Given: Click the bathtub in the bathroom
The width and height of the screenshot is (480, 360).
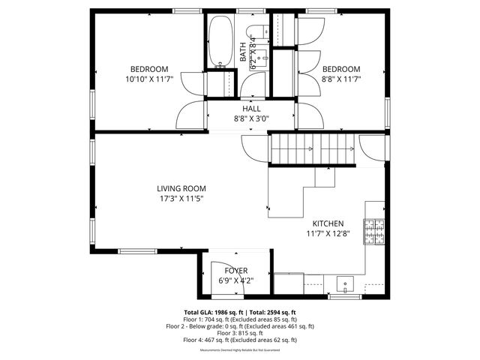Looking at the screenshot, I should tap(220, 41).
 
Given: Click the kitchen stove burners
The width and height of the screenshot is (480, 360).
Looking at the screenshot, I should tap(373, 232).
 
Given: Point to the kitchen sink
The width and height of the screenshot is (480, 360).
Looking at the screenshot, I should tap(345, 283).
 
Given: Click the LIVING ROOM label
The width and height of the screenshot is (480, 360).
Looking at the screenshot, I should tap(181, 189).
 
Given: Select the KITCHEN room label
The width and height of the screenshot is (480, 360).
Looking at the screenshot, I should tap(328, 223).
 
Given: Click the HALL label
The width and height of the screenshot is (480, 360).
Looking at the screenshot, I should tap(251, 109).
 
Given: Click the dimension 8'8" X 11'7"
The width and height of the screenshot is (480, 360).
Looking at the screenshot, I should tap(341, 79).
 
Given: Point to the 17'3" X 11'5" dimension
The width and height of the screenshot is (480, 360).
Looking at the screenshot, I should tap(181, 199).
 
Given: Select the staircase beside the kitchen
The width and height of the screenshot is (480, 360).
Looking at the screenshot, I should tap(310, 151).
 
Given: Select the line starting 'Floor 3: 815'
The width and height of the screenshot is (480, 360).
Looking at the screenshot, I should tap(240, 333).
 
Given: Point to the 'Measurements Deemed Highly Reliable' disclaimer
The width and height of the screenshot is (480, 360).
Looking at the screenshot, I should tap(240, 350).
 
